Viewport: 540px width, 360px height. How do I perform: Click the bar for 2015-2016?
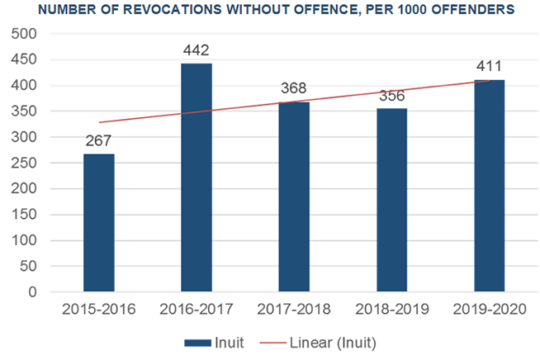coord(99,223)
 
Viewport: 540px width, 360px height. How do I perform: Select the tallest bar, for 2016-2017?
coord(197,178)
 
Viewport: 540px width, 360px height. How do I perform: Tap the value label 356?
coord(391,95)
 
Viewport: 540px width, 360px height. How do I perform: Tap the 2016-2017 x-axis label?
coord(197,310)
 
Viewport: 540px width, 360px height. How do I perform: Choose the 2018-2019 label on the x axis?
coord(391,310)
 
